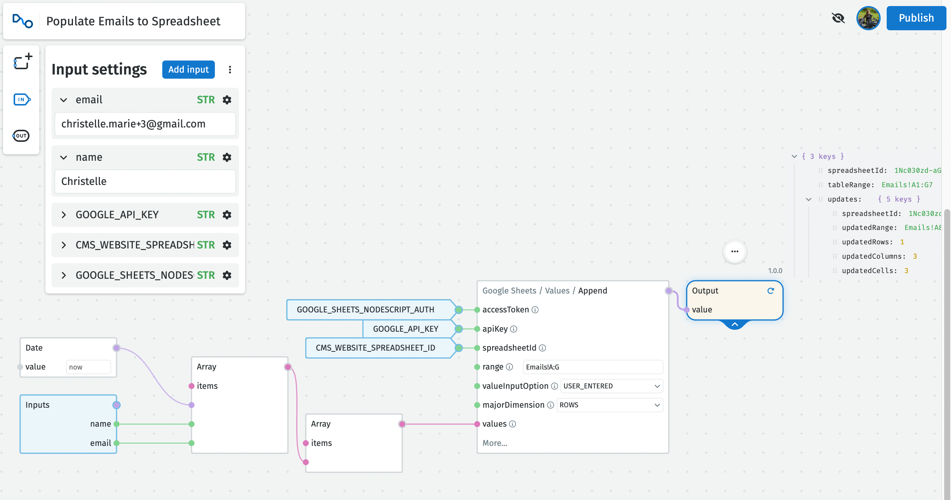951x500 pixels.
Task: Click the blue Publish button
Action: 916,18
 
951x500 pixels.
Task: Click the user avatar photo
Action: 868,18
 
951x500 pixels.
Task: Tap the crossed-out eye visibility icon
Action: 838,18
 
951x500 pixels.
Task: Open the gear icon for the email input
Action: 227,100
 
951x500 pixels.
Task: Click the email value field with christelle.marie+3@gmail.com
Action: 145,124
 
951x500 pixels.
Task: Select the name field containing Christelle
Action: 145,182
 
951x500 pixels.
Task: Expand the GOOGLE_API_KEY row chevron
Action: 64,215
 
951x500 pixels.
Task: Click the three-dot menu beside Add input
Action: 230,70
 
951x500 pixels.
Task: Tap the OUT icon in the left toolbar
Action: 21,136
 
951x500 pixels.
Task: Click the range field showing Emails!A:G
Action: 592,367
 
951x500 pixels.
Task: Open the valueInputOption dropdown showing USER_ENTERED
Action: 611,386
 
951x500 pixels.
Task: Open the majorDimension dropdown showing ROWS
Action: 609,405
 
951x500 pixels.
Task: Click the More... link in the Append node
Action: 494,443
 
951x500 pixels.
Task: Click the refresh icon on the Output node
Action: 771,291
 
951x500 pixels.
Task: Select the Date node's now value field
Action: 88,367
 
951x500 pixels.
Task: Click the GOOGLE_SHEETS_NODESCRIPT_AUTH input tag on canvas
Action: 365,310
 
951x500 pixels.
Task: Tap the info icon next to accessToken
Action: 535,310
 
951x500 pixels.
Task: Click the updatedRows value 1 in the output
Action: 902,242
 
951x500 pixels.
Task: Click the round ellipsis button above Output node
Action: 735,252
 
